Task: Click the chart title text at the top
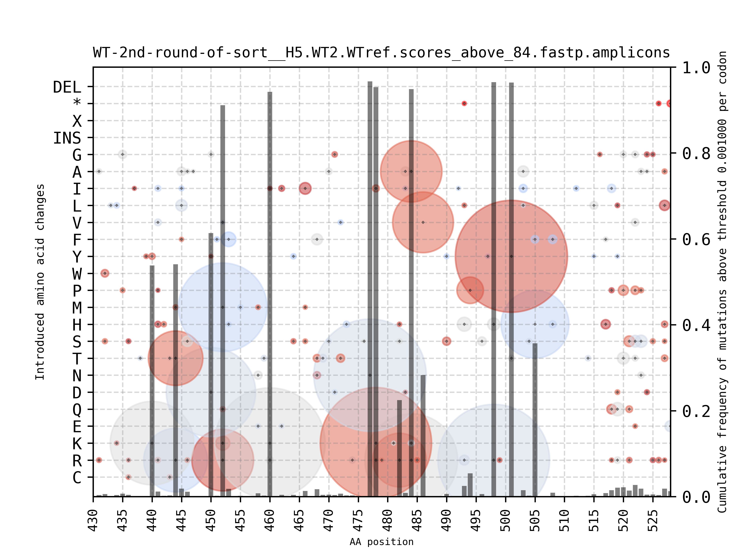pyautogui.click(x=381, y=53)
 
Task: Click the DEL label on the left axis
pyautogui.click(x=67, y=87)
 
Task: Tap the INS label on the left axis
pyautogui.click(x=67, y=138)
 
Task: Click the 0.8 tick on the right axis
pyautogui.click(x=696, y=154)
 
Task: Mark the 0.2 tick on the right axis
pyautogui.click(x=696, y=411)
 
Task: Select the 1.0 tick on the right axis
pyautogui.click(x=696, y=68)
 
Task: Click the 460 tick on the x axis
pyautogui.click(x=270, y=520)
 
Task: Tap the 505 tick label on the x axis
pyautogui.click(x=535, y=520)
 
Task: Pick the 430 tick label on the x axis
pyautogui.click(x=93, y=520)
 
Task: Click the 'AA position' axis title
pyautogui.click(x=381, y=542)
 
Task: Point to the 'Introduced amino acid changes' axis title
pyautogui.click(x=40, y=282)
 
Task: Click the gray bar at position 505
pyautogui.click(x=535, y=420)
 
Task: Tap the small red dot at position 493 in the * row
pyautogui.click(x=464, y=104)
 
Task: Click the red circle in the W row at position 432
pyautogui.click(x=105, y=273)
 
